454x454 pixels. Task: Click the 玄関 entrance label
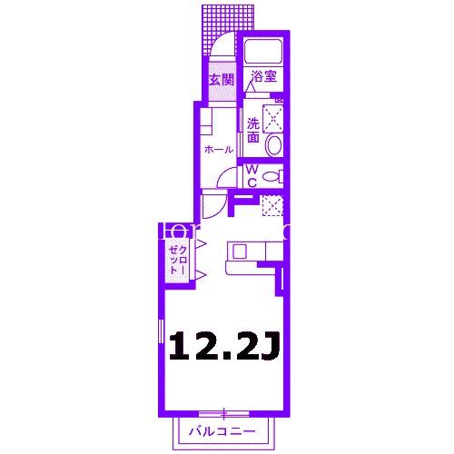[x=222, y=80]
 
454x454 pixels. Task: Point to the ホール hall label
[x=218, y=149]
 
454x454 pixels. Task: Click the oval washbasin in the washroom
[x=275, y=144]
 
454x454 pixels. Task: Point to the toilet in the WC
[x=274, y=176]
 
